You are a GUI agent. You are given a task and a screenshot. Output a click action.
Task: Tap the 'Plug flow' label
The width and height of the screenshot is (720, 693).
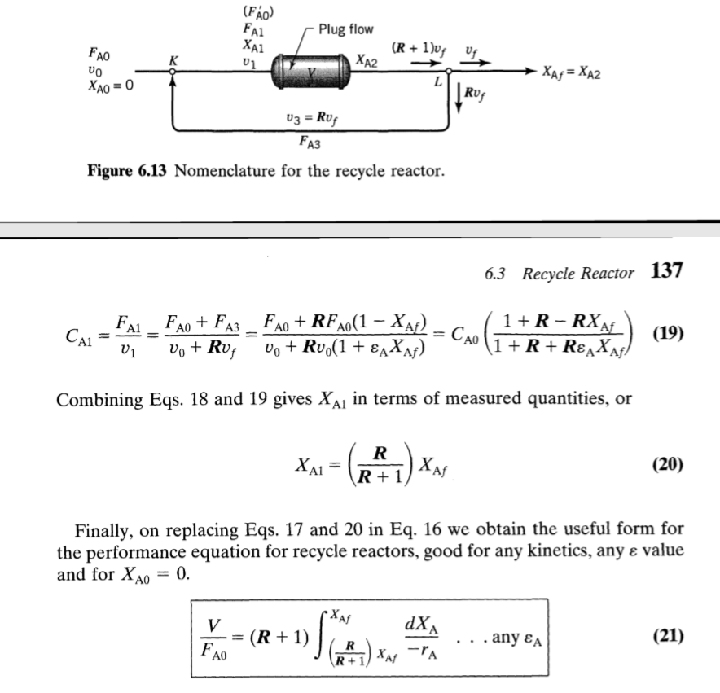[345, 29]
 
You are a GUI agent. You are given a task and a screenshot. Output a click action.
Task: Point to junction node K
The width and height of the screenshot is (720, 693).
[173, 72]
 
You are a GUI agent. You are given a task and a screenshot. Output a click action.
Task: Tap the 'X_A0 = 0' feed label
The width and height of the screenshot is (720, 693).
[109, 87]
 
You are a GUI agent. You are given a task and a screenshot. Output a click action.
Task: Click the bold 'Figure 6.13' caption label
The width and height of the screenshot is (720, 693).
[127, 172]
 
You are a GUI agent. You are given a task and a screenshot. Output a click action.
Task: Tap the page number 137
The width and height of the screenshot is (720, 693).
[666, 271]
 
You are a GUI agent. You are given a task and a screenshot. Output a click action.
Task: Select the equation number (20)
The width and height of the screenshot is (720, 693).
[667, 464]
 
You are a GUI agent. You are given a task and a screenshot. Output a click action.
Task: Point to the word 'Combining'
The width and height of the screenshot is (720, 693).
[91, 401]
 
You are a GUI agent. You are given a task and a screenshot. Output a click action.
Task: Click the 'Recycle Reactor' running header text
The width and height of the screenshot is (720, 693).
[577, 273]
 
